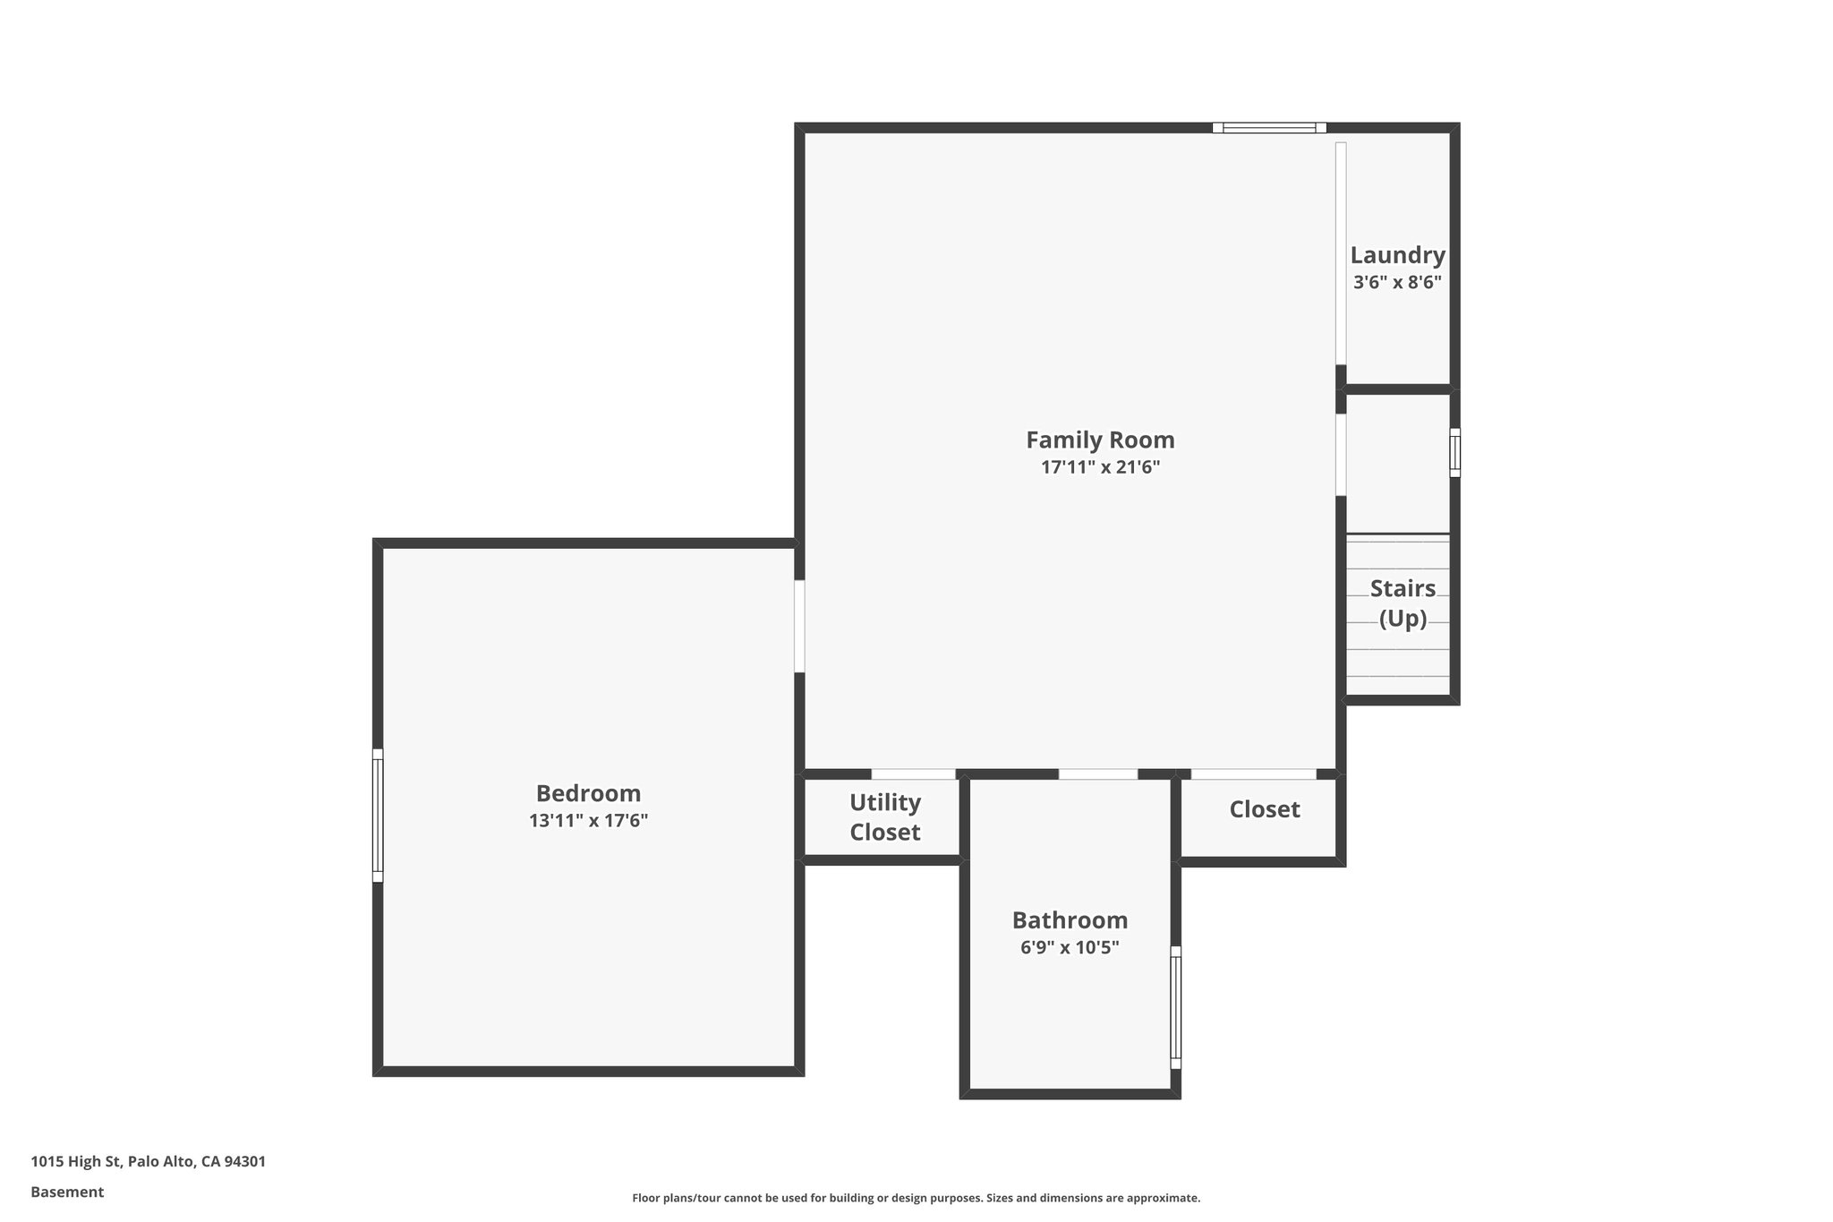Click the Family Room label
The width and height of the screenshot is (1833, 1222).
1100,440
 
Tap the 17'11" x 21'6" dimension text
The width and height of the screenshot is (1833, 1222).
1100,467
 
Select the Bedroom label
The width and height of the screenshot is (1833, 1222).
588,793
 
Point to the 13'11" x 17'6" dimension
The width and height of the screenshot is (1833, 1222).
588,820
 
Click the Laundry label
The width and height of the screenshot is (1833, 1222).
1397,255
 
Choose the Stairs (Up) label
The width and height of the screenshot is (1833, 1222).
1402,602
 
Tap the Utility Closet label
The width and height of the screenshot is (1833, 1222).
884,816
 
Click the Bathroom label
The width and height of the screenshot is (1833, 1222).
1070,920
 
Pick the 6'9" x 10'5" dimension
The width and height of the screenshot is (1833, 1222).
1070,947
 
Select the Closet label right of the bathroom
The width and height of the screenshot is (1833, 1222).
1264,809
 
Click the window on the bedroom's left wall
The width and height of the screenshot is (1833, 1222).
378,816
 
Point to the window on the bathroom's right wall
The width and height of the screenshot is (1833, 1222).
1176,1007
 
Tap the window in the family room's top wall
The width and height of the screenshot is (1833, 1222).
1269,128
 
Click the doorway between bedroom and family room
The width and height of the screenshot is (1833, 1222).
799,626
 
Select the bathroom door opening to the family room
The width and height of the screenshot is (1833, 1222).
1098,773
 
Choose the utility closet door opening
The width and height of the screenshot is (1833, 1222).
913,773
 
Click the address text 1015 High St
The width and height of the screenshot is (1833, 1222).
149,1161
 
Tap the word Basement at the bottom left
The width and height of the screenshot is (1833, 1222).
67,1192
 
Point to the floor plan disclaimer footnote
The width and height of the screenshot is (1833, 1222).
916,1198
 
